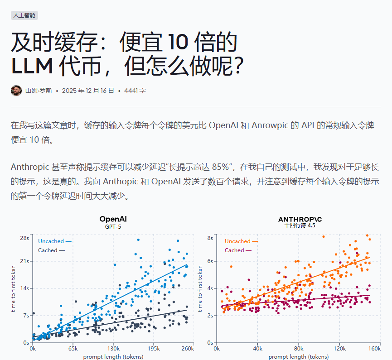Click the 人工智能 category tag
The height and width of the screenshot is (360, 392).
click(x=24, y=15)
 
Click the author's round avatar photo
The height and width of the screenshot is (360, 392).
click(x=16, y=91)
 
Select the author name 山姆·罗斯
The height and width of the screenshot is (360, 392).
click(x=39, y=91)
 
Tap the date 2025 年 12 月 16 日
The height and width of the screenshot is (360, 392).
click(x=88, y=91)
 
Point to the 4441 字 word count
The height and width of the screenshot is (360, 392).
click(x=135, y=91)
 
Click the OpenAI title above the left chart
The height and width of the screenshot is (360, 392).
click(x=113, y=219)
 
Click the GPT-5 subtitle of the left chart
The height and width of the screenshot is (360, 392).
click(x=113, y=226)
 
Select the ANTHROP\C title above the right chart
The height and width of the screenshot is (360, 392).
click(x=300, y=219)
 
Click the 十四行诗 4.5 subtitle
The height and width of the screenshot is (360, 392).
click(x=300, y=226)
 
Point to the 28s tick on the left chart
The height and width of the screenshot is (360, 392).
click(x=24, y=238)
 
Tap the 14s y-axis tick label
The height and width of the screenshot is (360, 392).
click(x=24, y=288)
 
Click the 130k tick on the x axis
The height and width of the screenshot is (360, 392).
click(x=113, y=349)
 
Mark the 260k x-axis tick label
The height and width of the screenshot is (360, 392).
click(x=187, y=349)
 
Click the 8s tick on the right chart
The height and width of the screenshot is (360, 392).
click(x=210, y=238)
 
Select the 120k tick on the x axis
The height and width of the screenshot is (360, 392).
click(x=339, y=349)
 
